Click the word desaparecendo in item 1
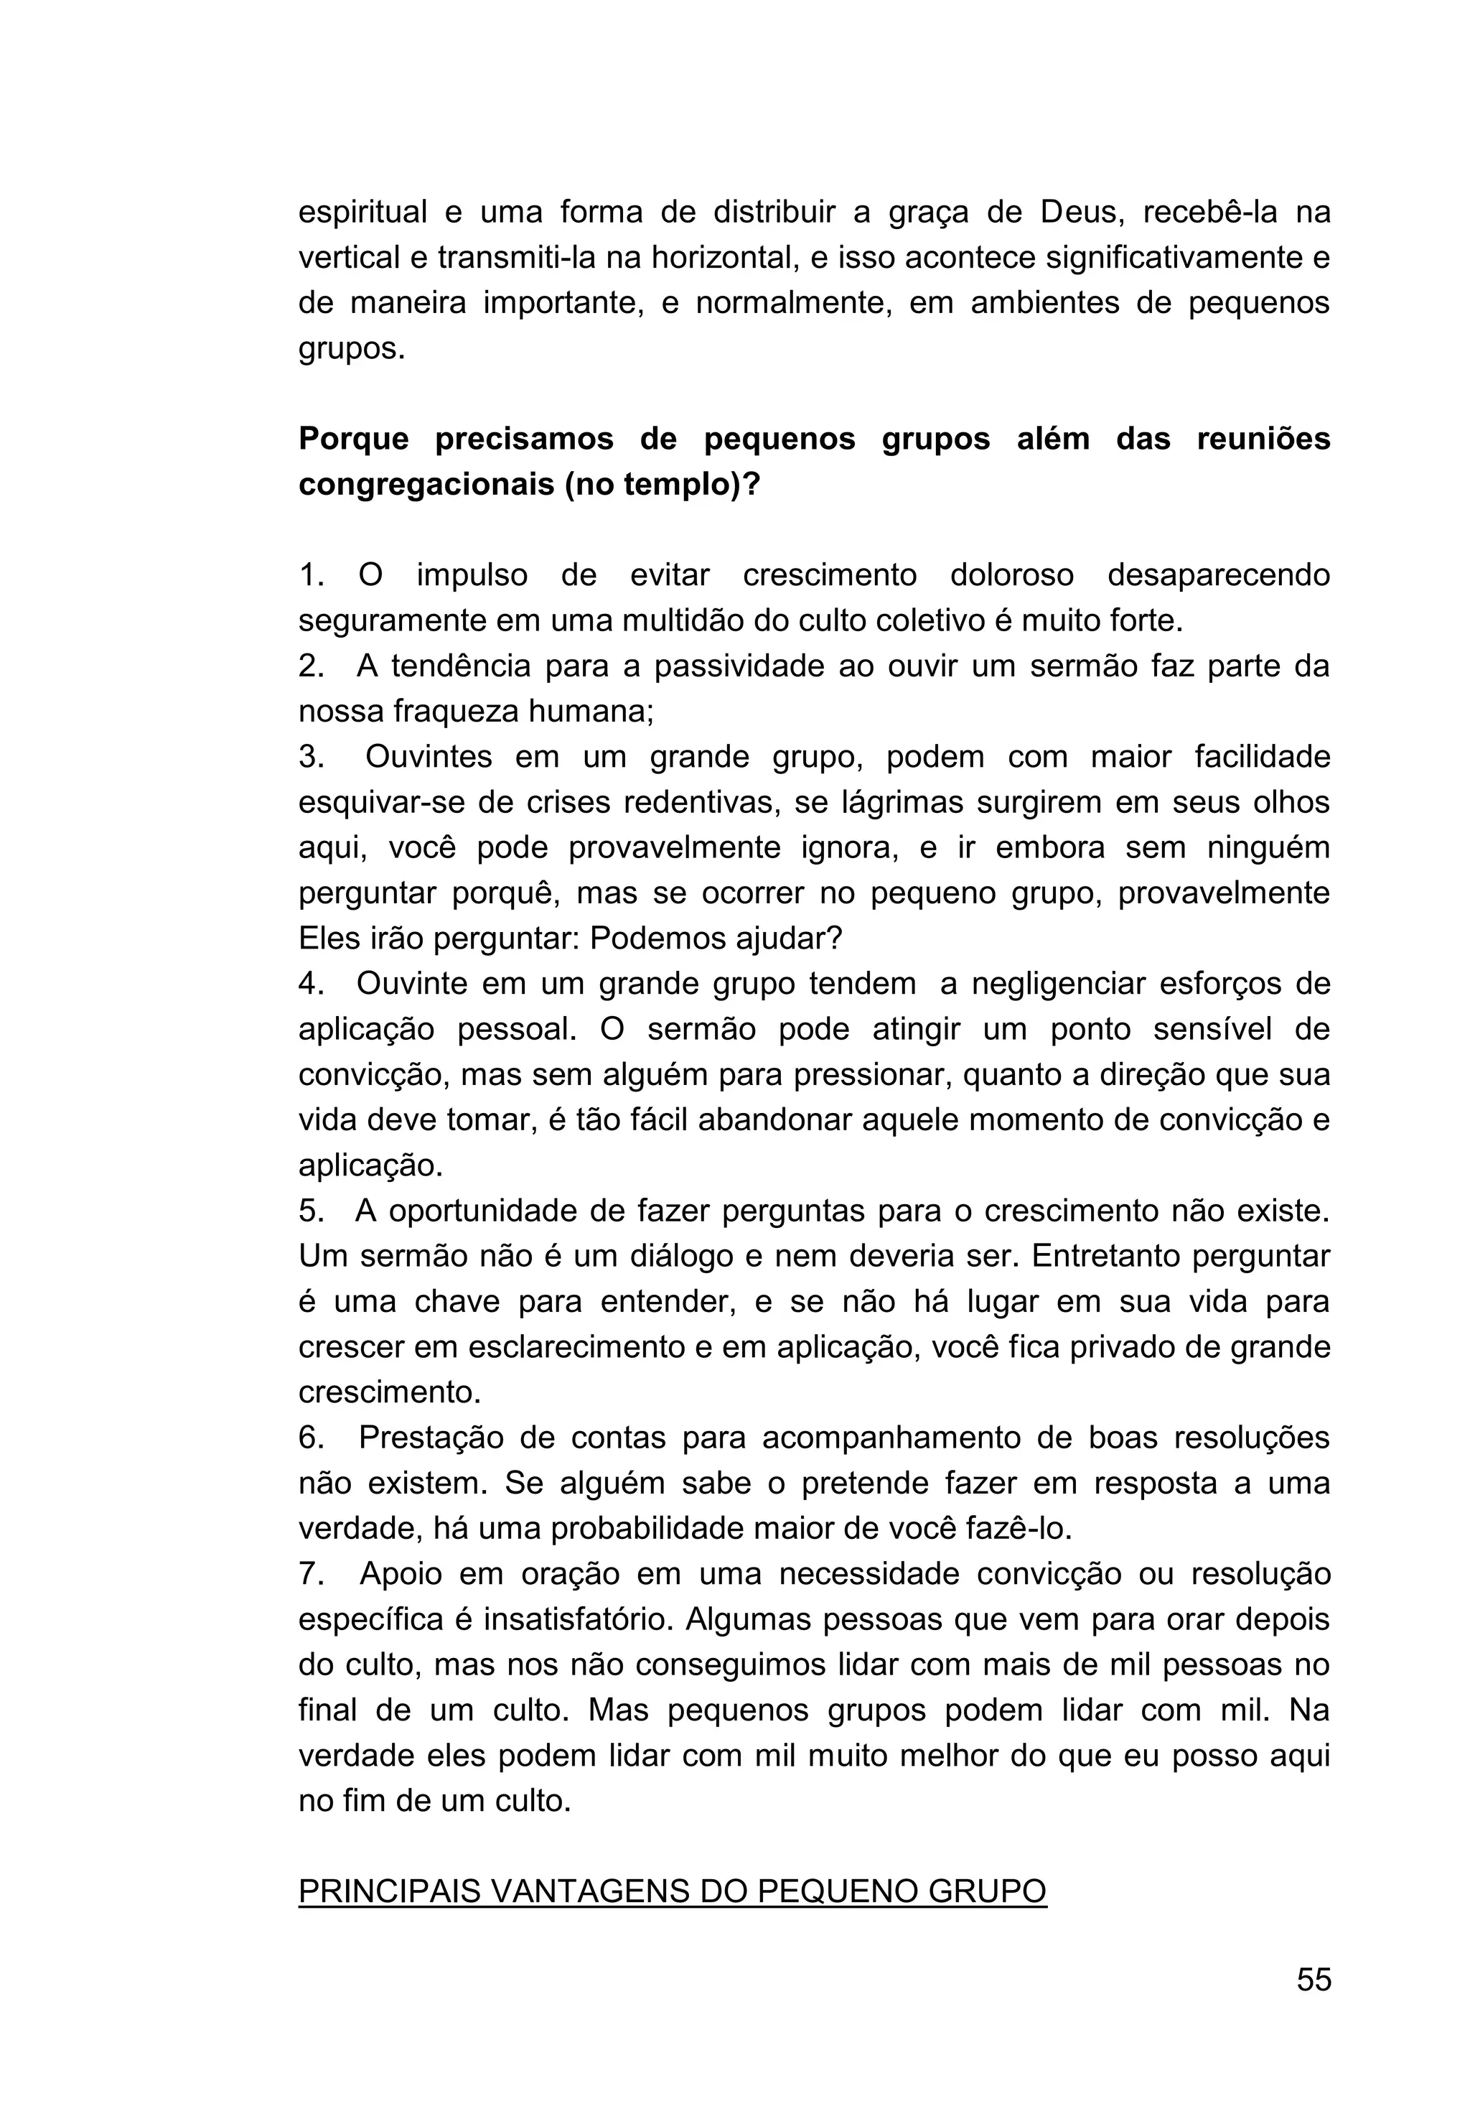pyautogui.click(x=1219, y=575)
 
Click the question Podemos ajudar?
pyautogui.click(x=716, y=939)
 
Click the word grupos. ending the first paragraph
pyautogui.click(x=351, y=349)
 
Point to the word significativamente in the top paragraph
pyautogui.click(x=1177, y=258)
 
